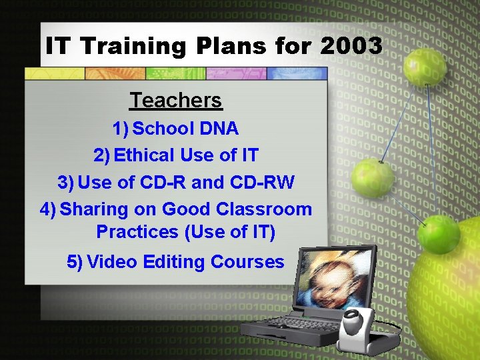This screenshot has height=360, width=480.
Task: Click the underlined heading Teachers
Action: (x=176, y=100)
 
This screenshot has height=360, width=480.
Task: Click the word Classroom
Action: (x=264, y=209)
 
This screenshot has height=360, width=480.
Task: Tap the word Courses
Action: (x=247, y=262)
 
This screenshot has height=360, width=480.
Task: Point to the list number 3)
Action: (x=66, y=182)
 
